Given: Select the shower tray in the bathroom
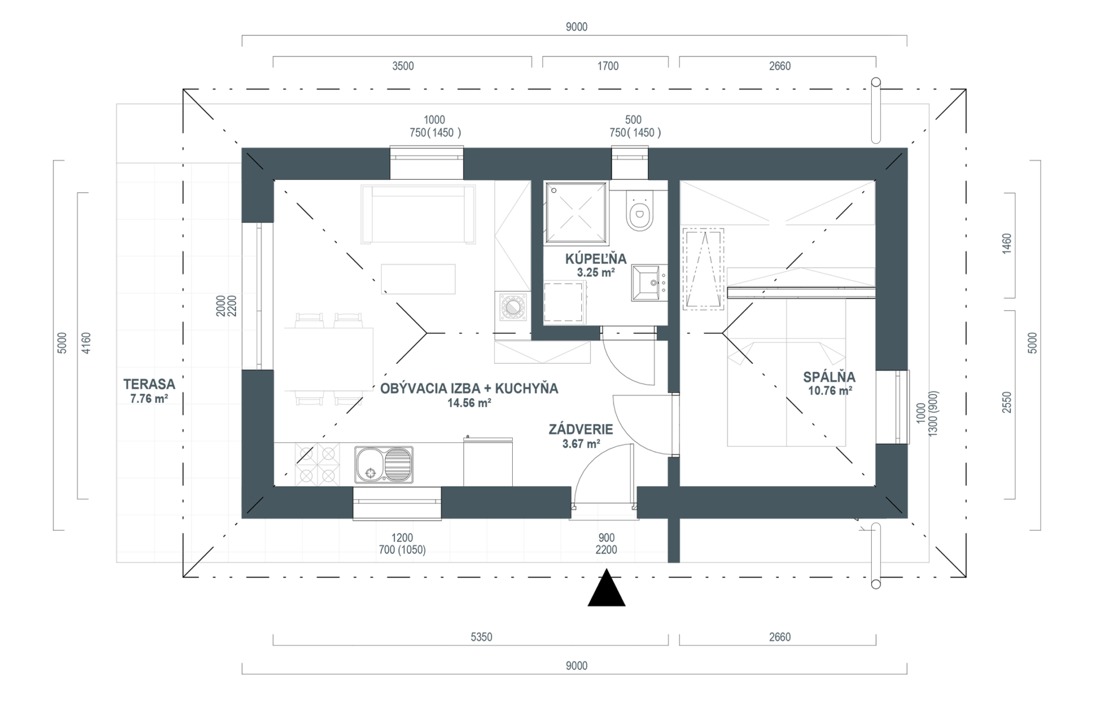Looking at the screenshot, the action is pos(576,213).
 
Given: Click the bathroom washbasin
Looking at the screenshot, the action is pos(648,283).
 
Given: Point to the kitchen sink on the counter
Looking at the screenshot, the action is pos(383,464).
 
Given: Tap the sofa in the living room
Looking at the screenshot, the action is pos(418,214).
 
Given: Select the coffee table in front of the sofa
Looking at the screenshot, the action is pos(418,279).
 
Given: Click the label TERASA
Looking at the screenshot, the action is pos(149,384).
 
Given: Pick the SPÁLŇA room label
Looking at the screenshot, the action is pos(830,377).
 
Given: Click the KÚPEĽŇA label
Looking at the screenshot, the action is pos(596,259).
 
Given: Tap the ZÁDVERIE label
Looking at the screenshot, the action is pos(581,429).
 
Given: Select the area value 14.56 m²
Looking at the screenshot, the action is pos(470,403).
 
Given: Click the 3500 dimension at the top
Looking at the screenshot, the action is pos(403,66).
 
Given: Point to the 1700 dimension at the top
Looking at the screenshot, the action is pos(608,66).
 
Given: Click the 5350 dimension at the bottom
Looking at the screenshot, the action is pos(481,637).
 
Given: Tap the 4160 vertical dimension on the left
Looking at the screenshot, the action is pos(86,343).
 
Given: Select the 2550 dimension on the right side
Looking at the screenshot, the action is pos(1007,402).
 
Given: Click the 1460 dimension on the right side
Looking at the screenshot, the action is pos(1007,243).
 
